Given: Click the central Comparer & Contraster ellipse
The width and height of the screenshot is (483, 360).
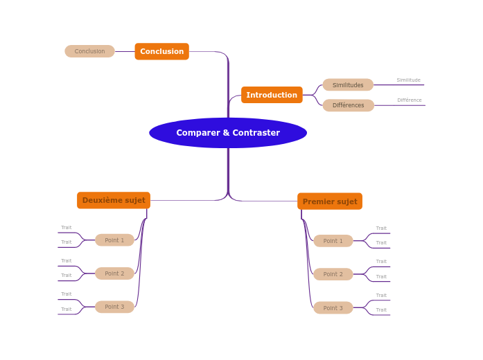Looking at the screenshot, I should [x=227, y=133].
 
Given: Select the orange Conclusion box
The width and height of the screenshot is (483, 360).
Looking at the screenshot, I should [x=161, y=51].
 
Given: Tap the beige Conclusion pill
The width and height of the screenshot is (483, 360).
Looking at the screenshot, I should [x=89, y=51].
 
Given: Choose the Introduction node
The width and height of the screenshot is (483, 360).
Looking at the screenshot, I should [x=272, y=95].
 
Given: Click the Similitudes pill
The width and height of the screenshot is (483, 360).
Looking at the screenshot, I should [x=348, y=85].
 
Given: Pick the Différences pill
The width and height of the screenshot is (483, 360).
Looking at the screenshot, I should [x=348, y=105].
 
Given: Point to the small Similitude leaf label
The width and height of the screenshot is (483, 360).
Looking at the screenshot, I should [x=408, y=80].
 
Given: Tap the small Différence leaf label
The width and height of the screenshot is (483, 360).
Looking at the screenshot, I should [x=409, y=100].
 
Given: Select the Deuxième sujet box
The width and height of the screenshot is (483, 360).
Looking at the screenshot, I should [x=114, y=200].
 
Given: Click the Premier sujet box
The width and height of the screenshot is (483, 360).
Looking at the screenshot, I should [x=330, y=201].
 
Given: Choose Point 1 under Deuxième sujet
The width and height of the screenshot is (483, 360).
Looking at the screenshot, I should [x=114, y=240].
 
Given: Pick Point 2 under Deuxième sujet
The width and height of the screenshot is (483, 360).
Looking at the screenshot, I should [x=114, y=273].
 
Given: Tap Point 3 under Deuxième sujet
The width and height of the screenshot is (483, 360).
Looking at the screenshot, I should [x=114, y=307].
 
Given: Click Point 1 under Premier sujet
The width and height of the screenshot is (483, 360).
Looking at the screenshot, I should [x=333, y=241].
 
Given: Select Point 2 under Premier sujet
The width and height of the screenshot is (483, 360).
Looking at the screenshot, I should [x=333, y=274].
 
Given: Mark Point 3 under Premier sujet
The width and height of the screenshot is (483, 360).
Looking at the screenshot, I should [x=333, y=307].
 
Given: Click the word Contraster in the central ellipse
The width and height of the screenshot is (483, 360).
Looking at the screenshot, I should [x=256, y=133].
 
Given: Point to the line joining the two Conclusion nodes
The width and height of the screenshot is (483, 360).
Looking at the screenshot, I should [x=125, y=51].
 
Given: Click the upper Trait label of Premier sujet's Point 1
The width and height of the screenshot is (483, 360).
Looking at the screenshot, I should [x=381, y=228].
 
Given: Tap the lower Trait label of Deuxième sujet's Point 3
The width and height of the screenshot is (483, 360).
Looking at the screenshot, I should [x=67, y=309].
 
